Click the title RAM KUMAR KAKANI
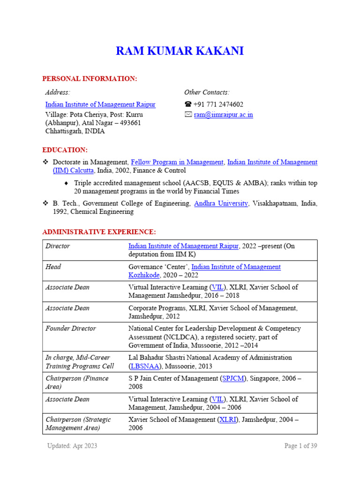coord(180,51)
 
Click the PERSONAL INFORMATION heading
coord(90,78)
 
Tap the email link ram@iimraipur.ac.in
coord(223,114)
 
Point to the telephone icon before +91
coord(188,105)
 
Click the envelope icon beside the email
coord(188,115)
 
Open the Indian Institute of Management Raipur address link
coord(100,105)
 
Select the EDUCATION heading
coord(65,150)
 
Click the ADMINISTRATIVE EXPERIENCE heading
coord(99,232)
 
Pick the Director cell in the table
coord(58,246)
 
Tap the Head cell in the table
coord(53,267)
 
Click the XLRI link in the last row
coord(228,420)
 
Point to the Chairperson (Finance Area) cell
coord(76,382)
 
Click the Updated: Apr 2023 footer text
coord(72,446)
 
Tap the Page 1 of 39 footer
coord(300,446)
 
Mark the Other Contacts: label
coord(207,92)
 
